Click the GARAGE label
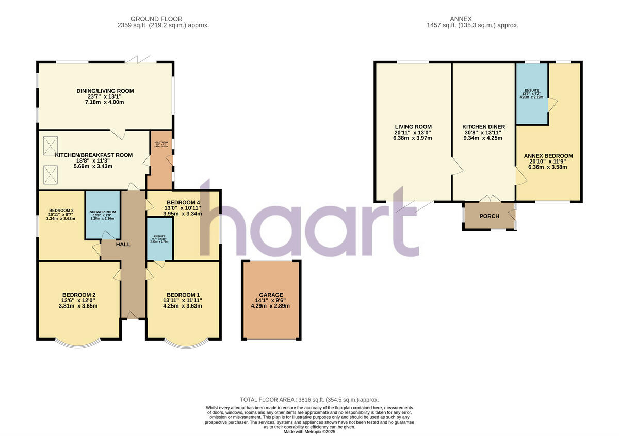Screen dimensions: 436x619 tap(270, 295)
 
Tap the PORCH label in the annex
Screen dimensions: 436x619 tap(489, 216)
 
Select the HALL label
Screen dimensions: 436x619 tap(123, 244)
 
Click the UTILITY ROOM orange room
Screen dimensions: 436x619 tap(159, 160)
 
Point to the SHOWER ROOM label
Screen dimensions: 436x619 tap(103, 212)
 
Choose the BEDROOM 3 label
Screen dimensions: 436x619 tap(61, 211)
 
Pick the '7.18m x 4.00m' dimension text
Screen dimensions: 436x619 tap(105, 102)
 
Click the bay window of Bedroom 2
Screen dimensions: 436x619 tap(78, 344)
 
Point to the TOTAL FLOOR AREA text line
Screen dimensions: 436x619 tap(309, 400)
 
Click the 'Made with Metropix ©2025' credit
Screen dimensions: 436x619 tap(309, 432)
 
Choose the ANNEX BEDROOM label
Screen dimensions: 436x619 tap(548, 156)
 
